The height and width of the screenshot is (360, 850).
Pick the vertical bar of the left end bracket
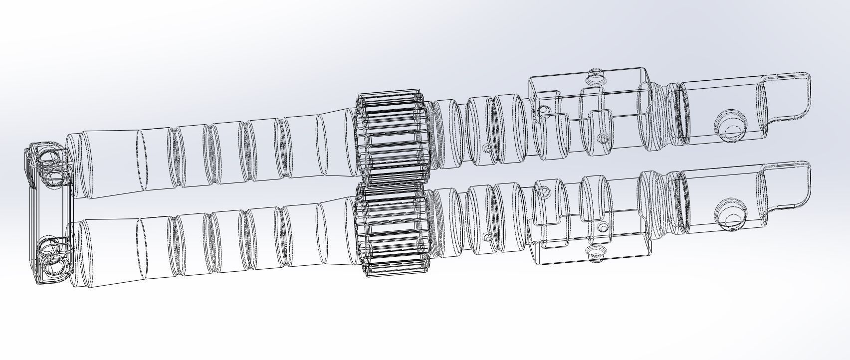(x=33, y=214)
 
